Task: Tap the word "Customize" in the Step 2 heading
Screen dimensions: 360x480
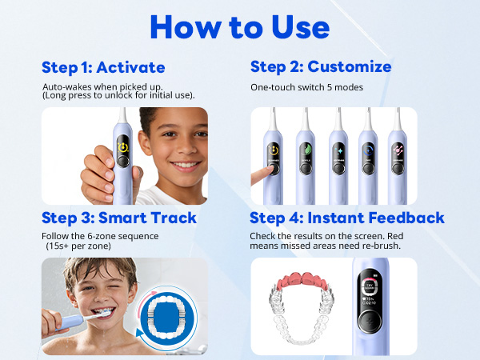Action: [350, 66]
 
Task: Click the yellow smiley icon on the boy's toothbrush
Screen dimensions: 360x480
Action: [122, 146]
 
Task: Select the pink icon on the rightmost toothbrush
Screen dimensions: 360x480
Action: [397, 149]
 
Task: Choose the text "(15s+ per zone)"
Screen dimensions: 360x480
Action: [81, 246]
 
